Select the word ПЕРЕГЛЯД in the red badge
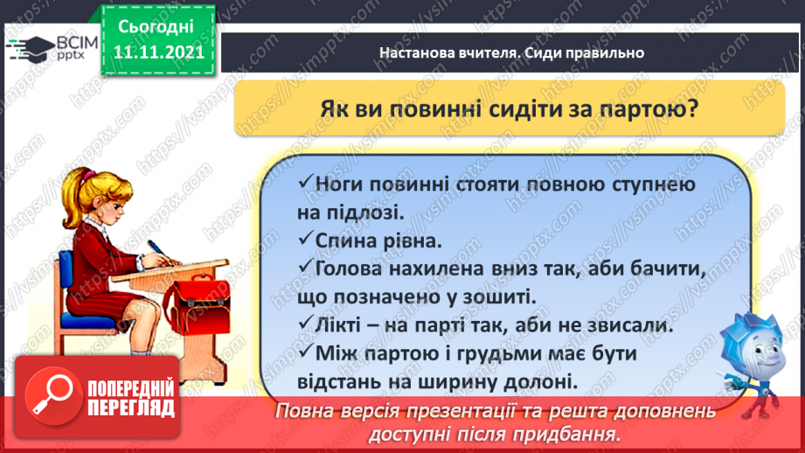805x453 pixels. tap(131, 408)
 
